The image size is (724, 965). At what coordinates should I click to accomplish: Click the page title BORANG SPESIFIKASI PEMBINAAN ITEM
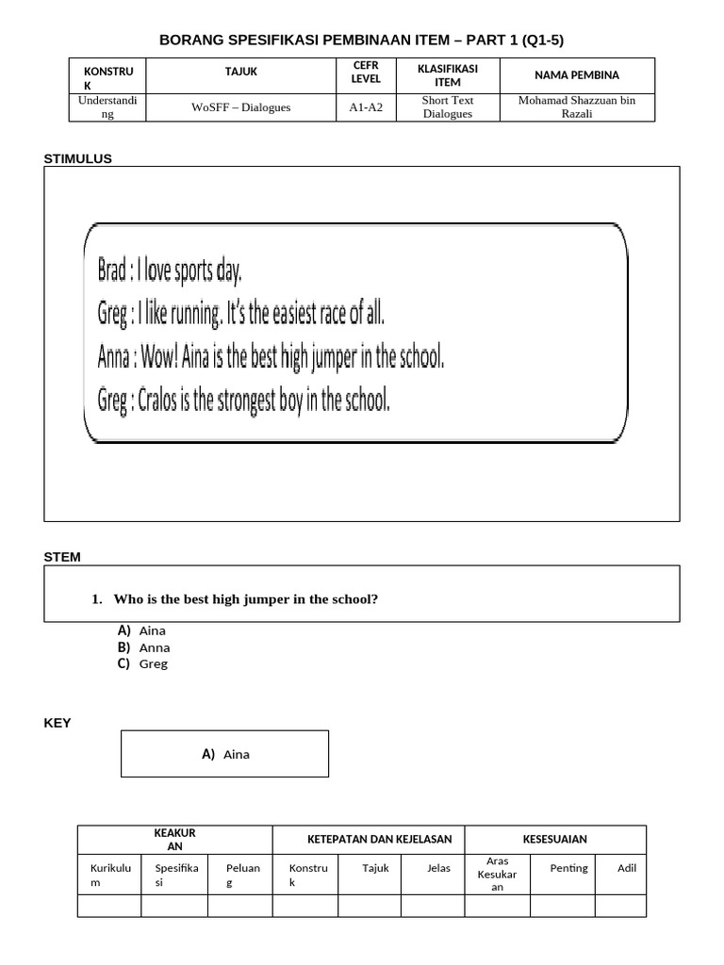coord(362,40)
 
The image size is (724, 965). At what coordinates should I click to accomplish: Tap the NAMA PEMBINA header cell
coord(577,75)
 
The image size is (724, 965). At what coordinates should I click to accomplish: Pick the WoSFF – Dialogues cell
coord(240,107)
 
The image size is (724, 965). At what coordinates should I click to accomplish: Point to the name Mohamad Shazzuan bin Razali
coord(577,107)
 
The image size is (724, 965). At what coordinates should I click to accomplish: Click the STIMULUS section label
coord(77,158)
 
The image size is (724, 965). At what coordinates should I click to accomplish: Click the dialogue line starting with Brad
coord(170,271)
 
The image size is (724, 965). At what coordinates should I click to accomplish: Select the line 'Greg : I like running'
coord(241,313)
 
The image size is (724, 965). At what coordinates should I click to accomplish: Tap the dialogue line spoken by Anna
coord(271,357)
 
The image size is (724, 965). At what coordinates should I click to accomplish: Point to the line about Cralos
coord(243,401)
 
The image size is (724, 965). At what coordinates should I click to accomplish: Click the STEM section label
coord(62,557)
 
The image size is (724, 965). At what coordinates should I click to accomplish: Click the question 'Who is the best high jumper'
coord(244,599)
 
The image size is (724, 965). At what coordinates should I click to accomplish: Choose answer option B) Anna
coord(144,647)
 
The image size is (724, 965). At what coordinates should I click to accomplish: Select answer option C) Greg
coord(143,663)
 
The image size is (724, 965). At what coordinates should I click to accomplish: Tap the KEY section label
coord(58,723)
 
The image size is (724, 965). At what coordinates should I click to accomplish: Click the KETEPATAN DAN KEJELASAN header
coord(379,839)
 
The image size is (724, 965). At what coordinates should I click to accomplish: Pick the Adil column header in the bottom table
coord(627,868)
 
